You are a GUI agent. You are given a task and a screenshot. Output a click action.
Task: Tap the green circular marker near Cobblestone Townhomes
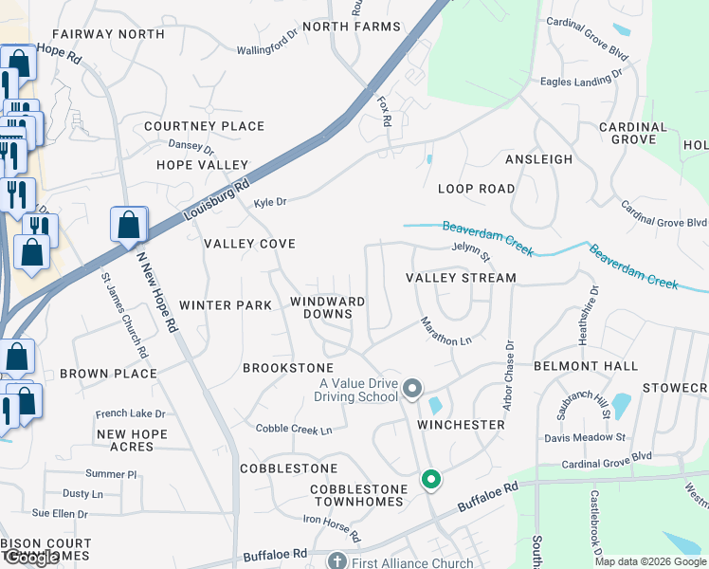tap(431, 481)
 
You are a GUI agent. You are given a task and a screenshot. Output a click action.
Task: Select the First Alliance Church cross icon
tap(336, 561)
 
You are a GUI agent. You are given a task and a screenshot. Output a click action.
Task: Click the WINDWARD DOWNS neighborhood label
tap(328, 307)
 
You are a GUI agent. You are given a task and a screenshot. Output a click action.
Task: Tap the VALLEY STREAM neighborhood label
tap(461, 278)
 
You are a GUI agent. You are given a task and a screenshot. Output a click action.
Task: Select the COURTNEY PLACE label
tap(205, 126)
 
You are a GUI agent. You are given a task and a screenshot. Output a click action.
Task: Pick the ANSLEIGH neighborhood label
tap(538, 159)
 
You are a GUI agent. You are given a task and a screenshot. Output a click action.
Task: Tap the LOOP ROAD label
tap(477, 189)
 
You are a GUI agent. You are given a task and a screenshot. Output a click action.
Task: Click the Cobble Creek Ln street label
tap(294, 430)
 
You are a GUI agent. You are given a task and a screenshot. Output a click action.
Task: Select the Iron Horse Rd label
tap(332, 528)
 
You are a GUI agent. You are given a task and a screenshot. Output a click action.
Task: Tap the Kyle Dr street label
tap(270, 202)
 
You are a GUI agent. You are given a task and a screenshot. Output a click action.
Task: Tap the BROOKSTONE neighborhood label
tap(288, 367)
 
